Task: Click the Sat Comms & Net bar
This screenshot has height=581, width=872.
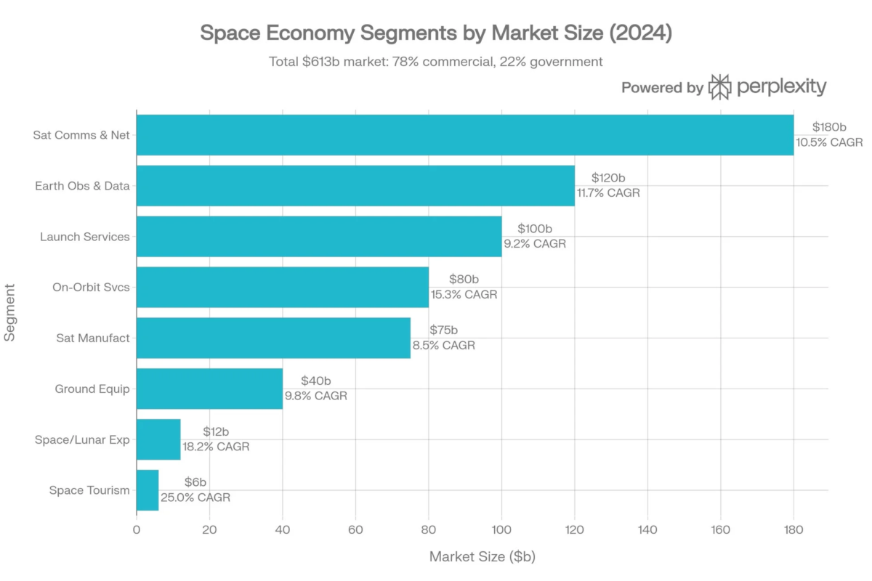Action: (465, 134)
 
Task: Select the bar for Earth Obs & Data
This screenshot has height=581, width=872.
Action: (355, 185)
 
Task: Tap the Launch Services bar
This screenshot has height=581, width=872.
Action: (319, 236)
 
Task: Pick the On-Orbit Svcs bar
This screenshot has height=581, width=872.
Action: (283, 287)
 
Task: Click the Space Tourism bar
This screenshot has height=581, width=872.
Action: (148, 490)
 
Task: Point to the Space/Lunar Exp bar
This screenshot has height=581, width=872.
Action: (158, 439)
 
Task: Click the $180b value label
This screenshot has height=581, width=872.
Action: (830, 127)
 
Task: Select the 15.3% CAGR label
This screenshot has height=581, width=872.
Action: (464, 295)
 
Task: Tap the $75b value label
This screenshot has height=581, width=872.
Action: (443, 330)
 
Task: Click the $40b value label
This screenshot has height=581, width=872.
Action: (316, 381)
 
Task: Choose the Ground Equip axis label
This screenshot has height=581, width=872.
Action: (92, 389)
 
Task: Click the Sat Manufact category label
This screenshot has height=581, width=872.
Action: (93, 338)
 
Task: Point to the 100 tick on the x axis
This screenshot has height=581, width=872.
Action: (501, 529)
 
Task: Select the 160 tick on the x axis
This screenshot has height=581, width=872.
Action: (720, 529)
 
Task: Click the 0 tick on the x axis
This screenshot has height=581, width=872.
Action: (137, 529)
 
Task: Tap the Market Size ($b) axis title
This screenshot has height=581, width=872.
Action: (482, 557)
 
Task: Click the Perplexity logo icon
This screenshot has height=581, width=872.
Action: (719, 87)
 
